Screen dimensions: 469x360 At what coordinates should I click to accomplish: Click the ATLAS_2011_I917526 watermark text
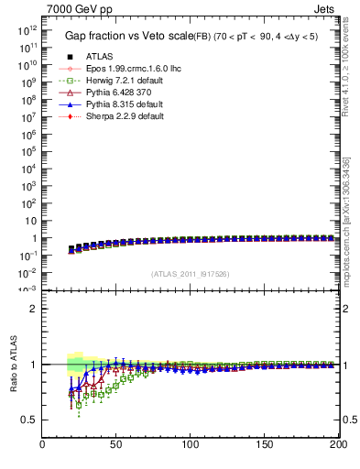pos(191,273)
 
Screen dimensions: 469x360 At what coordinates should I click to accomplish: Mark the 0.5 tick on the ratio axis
pos(29,420)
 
